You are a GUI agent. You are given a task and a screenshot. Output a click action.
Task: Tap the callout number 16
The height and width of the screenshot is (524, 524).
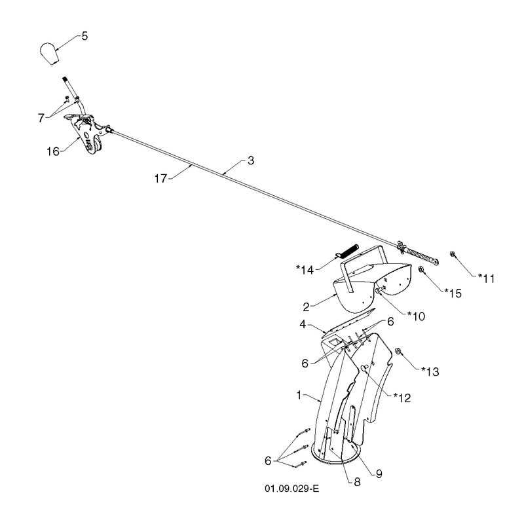coord(53,151)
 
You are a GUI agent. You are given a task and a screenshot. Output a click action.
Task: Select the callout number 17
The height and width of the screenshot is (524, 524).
coord(160,179)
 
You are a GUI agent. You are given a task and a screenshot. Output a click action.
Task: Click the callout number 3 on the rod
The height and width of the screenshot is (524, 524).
coord(251,160)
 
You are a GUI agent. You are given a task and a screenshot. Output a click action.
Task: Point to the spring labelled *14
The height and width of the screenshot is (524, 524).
coord(348,251)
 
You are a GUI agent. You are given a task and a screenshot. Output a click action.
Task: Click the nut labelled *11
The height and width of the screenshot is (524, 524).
coord(453,254)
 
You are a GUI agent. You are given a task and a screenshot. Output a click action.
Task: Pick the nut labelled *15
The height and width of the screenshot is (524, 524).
coord(421,269)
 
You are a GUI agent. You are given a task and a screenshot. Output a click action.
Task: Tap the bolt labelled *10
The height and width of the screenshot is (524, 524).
coord(381,290)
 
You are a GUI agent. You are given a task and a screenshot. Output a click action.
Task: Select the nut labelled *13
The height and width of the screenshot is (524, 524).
coord(398,351)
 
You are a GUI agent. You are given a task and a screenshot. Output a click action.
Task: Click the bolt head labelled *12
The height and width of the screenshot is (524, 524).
coord(364,367)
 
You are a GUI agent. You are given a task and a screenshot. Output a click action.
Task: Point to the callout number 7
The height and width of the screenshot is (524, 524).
coord(41,118)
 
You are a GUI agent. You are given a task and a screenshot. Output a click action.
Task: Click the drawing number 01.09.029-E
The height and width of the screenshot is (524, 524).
coord(291,489)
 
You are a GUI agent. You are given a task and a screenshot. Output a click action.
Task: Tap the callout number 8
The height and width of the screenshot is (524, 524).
coord(357,482)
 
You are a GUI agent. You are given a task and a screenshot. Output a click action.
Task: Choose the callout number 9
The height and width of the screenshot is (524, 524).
coord(379,474)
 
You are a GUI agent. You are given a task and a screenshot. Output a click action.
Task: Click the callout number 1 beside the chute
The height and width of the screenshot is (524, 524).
coord(299,396)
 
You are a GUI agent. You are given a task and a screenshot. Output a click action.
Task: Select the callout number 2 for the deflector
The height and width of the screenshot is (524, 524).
coord(306,307)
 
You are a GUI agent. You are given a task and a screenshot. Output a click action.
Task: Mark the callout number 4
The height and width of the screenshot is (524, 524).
coord(303,324)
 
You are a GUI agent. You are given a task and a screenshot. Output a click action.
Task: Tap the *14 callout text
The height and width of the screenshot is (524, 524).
coord(305,269)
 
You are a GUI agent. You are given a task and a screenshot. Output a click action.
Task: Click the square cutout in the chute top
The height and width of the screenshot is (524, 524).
coord(334,342)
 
